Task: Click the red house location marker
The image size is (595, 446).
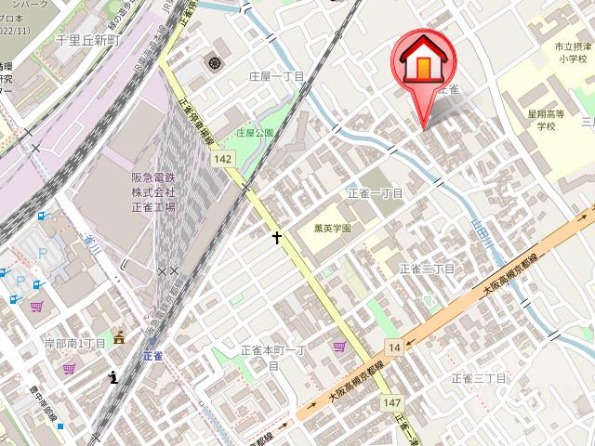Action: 423,65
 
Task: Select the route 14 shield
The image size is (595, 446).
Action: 394,348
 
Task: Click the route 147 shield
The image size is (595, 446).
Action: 390,401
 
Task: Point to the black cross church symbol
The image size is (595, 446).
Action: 276,238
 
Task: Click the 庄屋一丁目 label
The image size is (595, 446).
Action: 277,76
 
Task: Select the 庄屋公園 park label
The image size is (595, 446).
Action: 255,133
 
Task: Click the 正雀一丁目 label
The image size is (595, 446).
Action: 375,193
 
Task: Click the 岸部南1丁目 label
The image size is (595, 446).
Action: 74,344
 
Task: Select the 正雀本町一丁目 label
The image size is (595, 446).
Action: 273,357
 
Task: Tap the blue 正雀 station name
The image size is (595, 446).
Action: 153,356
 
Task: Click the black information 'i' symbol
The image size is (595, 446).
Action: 113,376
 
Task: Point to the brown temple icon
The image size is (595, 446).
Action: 119,341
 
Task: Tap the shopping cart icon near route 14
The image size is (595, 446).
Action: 340,347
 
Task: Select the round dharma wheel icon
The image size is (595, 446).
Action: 216,63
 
